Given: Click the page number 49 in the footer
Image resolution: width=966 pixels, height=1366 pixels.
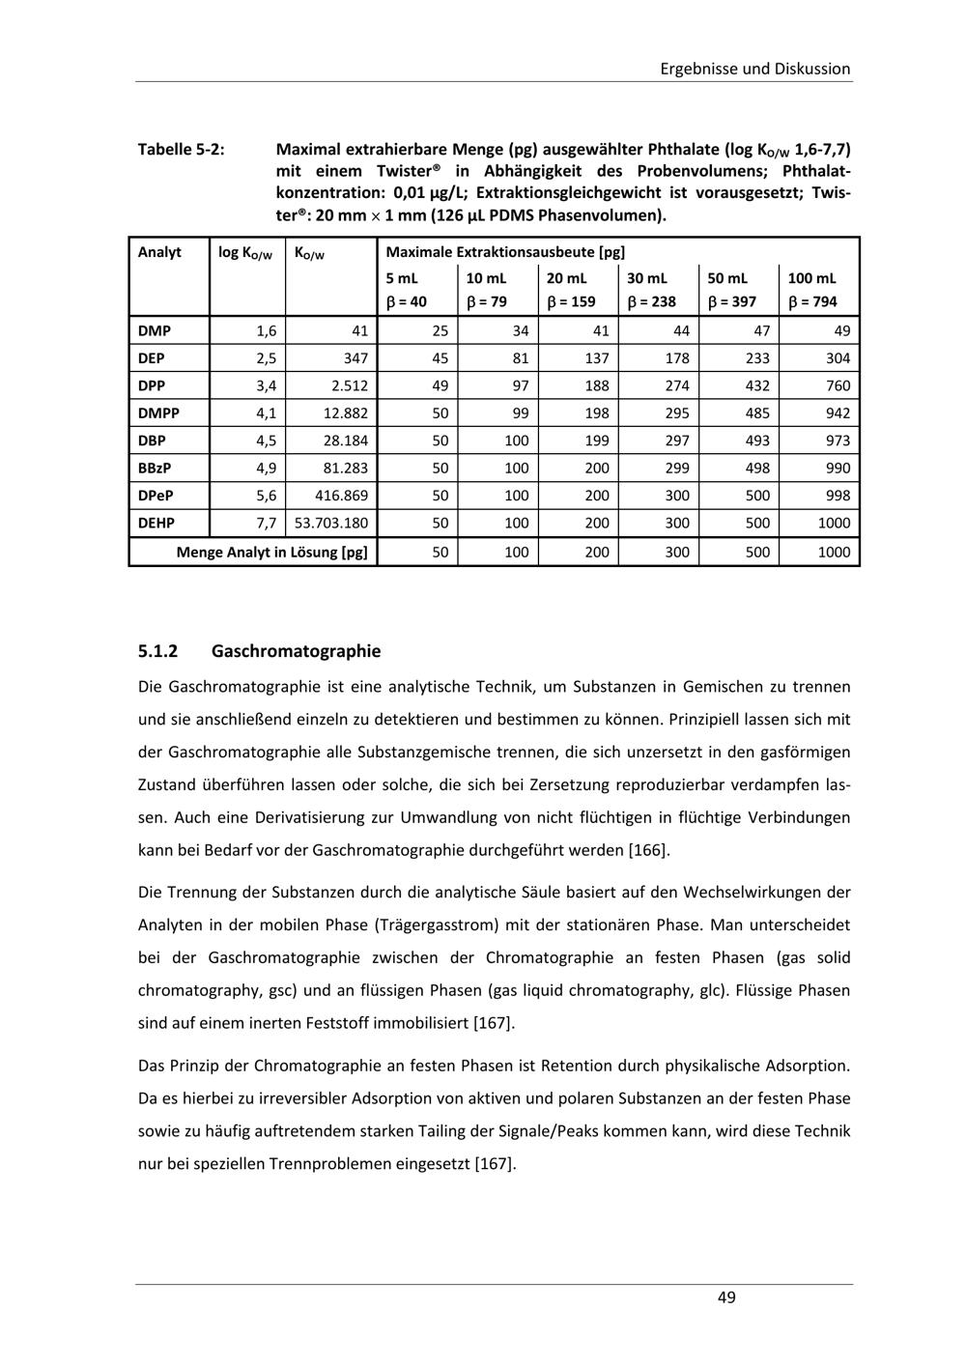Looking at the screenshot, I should point(726,1297).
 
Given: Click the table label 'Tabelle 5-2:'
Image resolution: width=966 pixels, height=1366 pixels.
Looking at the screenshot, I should point(182,150).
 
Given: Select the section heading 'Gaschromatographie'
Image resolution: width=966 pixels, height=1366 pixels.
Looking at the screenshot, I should point(296,650).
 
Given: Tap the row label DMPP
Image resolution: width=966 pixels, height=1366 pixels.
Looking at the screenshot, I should point(158,413).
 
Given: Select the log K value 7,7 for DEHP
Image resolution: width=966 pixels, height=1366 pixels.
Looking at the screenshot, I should point(266,524).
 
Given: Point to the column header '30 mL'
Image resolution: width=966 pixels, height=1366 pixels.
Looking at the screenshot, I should point(647,278).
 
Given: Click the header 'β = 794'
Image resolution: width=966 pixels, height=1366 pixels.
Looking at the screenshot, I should point(812,301).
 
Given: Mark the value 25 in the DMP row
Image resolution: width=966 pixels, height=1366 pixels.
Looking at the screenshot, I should point(440,331).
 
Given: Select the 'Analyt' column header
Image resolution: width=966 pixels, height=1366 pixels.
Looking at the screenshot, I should point(159,252).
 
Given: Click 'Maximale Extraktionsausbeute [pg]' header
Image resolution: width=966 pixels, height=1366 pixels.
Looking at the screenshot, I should point(492,253).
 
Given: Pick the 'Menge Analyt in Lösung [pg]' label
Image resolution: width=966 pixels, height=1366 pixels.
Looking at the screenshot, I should point(271,553).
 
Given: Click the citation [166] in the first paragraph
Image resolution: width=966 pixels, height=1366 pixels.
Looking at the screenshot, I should point(648,851).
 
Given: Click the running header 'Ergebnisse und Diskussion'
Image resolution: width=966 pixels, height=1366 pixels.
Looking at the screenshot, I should point(754,69).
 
